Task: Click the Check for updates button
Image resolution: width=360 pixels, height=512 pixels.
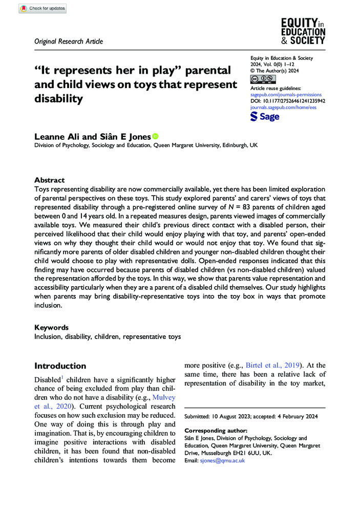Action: pos(42,8)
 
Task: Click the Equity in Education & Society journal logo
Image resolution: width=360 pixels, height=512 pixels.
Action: pos(303,30)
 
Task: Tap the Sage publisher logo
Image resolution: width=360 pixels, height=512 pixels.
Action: pos(264,117)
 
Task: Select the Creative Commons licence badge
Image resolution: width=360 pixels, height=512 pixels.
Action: pos(263,79)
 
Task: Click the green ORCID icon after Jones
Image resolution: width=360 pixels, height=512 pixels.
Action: pos(155,136)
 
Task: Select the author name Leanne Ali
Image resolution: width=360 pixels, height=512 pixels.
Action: pos(57,137)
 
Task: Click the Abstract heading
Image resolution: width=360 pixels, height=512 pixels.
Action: pos(49,180)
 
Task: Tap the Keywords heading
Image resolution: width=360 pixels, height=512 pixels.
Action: pos(51,327)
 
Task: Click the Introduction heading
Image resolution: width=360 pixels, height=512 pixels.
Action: pos(60,366)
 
